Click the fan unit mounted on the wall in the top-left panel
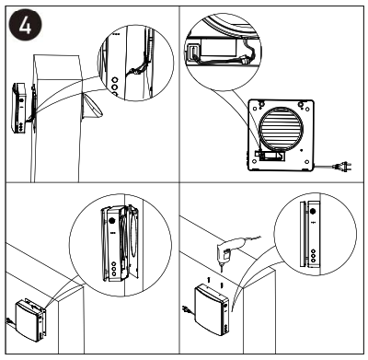22,109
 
